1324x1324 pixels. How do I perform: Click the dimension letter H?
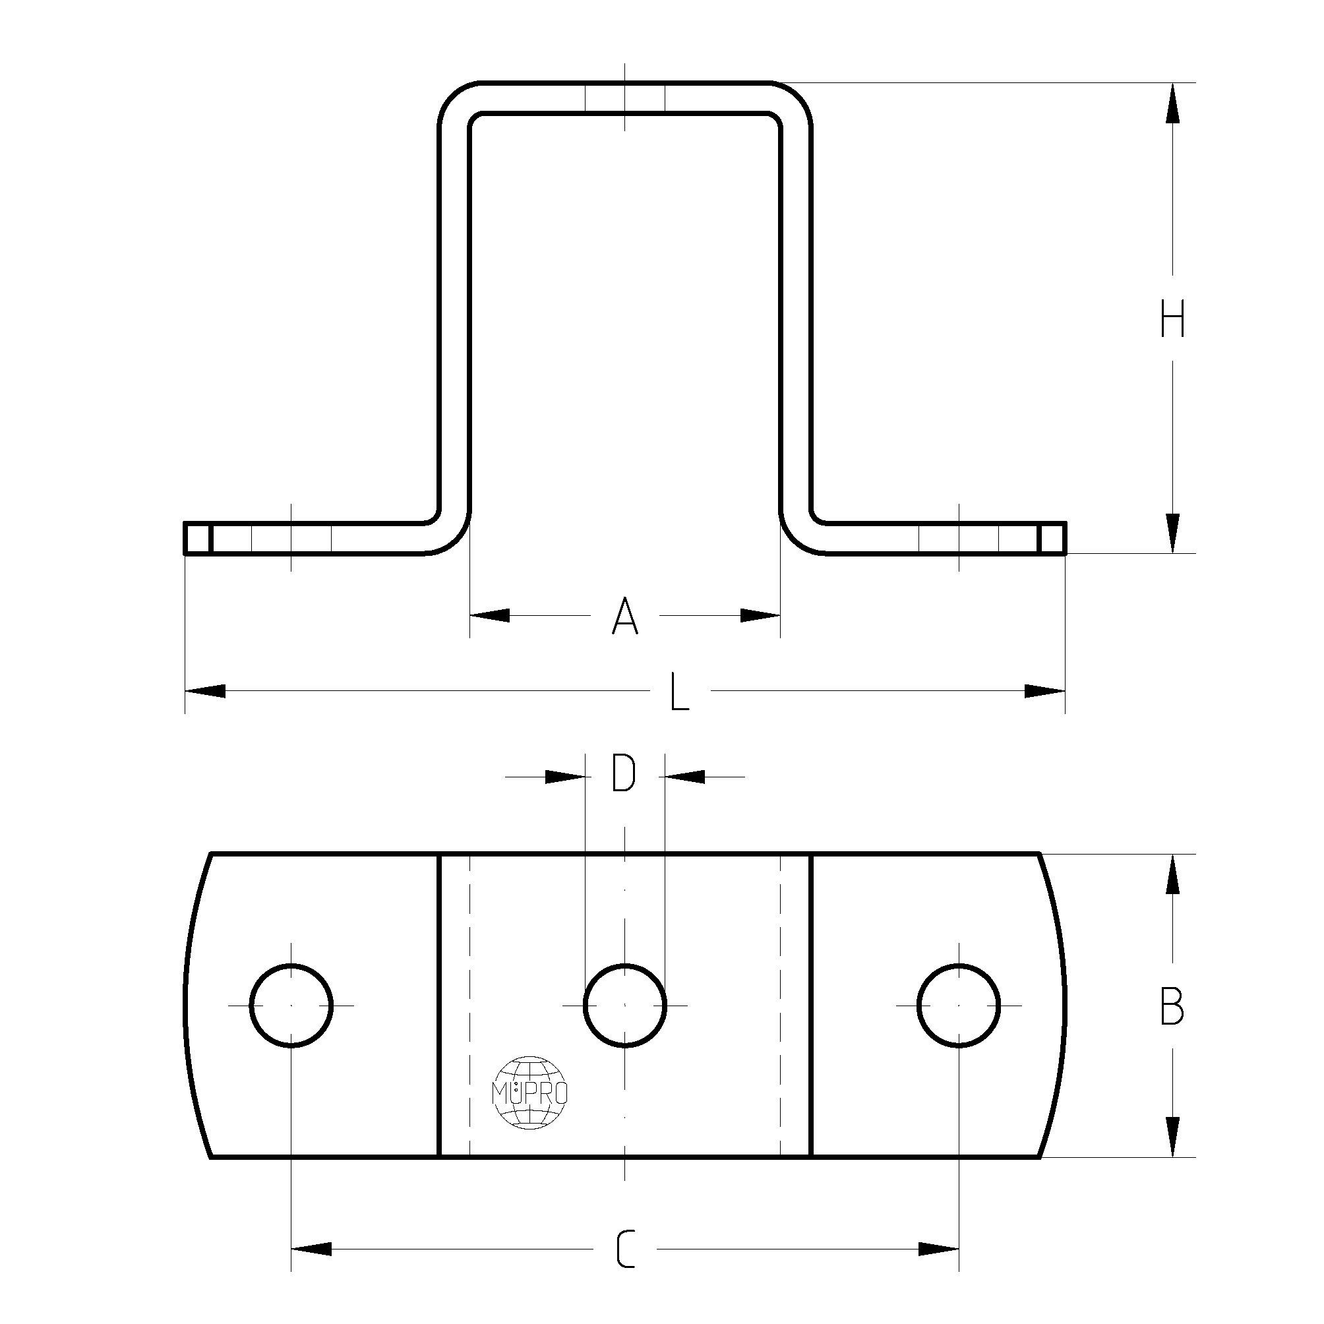click(x=1172, y=320)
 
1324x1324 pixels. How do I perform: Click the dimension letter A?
click(x=624, y=616)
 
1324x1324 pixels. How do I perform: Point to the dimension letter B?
click(x=1172, y=1006)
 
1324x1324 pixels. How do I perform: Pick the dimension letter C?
click(x=625, y=1249)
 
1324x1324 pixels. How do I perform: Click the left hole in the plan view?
click(x=291, y=1006)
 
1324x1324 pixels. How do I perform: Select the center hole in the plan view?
click(x=624, y=1006)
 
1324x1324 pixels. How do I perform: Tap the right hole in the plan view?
click(x=959, y=1006)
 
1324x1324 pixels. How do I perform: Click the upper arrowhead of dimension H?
click(x=1172, y=103)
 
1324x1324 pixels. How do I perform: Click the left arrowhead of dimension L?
click(x=205, y=691)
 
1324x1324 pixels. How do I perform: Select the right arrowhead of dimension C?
click(x=938, y=1249)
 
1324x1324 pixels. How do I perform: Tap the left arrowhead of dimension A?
click(x=489, y=615)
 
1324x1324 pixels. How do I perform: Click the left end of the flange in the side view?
click(x=197, y=538)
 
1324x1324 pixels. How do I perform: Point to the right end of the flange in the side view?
click(x=1052, y=538)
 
